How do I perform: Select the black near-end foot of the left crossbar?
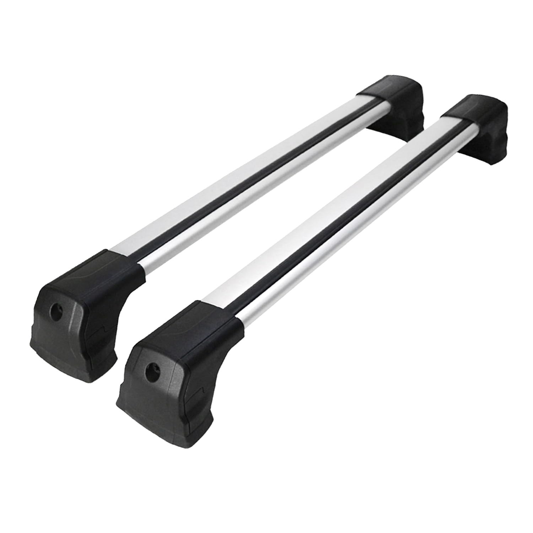click(x=78, y=313)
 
